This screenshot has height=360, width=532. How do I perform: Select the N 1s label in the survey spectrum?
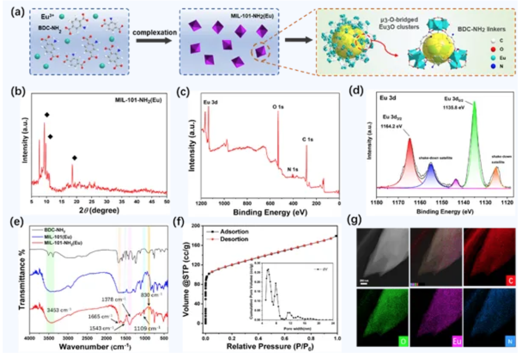(x=293, y=169)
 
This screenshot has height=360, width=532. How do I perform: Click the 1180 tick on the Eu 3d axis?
(x=377, y=202)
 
